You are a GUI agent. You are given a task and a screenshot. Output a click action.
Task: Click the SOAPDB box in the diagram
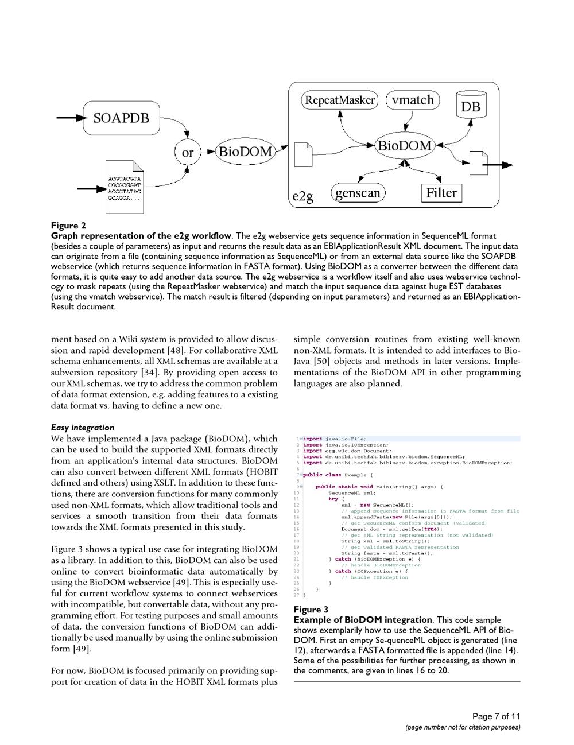[x=121, y=118]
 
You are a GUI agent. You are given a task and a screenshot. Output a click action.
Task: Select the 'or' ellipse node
[x=187, y=153]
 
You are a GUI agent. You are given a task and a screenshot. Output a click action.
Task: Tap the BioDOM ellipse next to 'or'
[x=244, y=152]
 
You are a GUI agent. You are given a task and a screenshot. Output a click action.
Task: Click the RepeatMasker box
[x=339, y=100]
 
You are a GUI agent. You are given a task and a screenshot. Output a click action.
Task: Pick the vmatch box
[x=413, y=100]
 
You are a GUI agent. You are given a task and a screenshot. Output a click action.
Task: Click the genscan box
[x=358, y=193]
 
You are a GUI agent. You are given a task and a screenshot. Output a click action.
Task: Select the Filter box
[x=441, y=193]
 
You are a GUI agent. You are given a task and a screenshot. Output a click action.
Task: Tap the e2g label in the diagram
[x=302, y=196]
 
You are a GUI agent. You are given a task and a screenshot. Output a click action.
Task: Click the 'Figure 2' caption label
[x=68, y=226]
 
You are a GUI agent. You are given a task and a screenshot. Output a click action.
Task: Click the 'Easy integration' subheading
[x=83, y=428]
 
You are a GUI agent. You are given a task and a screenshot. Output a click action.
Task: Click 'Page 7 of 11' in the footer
[x=496, y=716]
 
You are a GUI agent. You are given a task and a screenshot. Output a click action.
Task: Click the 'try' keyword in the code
[x=333, y=499]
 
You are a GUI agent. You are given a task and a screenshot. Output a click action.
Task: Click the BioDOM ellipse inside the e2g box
[x=404, y=146]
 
